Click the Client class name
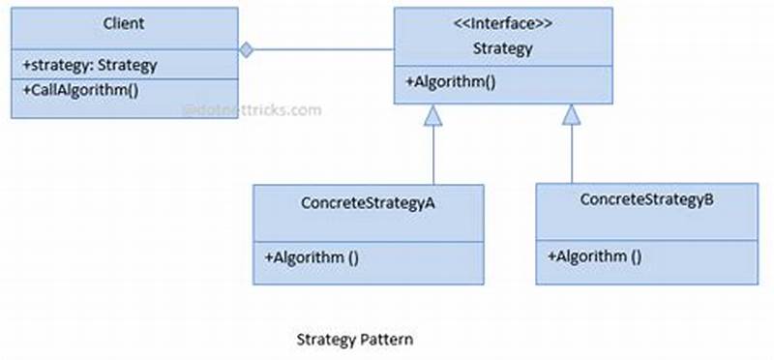pos(124,22)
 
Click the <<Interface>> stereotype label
pos(503,22)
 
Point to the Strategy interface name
pos(503,46)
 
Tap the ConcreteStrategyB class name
pos(646,200)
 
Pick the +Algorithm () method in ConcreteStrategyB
pos(594,256)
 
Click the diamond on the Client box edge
pos(247,48)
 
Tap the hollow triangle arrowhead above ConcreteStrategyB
pos(571,114)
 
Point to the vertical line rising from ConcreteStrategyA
pos(433,155)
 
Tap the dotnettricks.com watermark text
pos(252,110)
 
